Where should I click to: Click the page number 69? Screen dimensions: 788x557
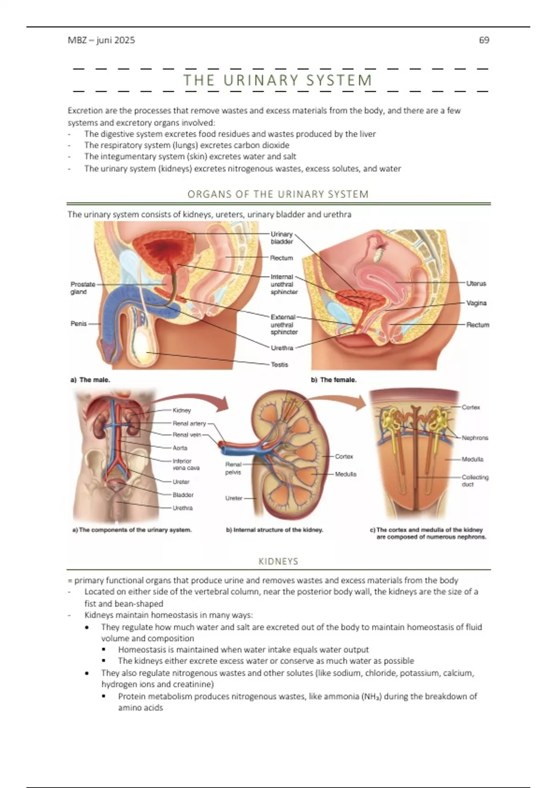(x=484, y=40)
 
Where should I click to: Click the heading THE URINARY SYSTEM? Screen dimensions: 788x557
(x=278, y=80)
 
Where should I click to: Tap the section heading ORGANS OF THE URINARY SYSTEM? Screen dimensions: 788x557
(x=278, y=194)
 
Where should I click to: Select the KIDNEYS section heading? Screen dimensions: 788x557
(x=278, y=561)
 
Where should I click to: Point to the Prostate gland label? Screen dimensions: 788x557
(x=83, y=288)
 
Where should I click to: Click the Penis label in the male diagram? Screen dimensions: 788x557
(x=78, y=324)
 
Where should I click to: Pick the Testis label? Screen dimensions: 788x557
(x=279, y=365)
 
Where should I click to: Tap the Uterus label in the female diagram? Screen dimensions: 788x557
(x=476, y=283)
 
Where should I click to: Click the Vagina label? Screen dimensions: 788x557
(x=476, y=303)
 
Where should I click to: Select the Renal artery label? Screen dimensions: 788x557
(x=189, y=423)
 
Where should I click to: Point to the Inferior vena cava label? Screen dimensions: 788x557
(x=186, y=464)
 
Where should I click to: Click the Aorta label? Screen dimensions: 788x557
(x=180, y=448)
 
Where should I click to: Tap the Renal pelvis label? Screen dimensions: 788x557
(x=233, y=468)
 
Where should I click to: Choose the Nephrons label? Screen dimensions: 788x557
(x=475, y=438)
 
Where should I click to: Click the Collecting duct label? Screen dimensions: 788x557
(x=475, y=481)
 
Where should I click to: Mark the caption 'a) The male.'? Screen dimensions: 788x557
(x=90, y=380)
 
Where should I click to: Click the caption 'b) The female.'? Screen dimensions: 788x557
(x=333, y=380)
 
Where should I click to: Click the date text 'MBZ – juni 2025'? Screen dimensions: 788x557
(x=101, y=40)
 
